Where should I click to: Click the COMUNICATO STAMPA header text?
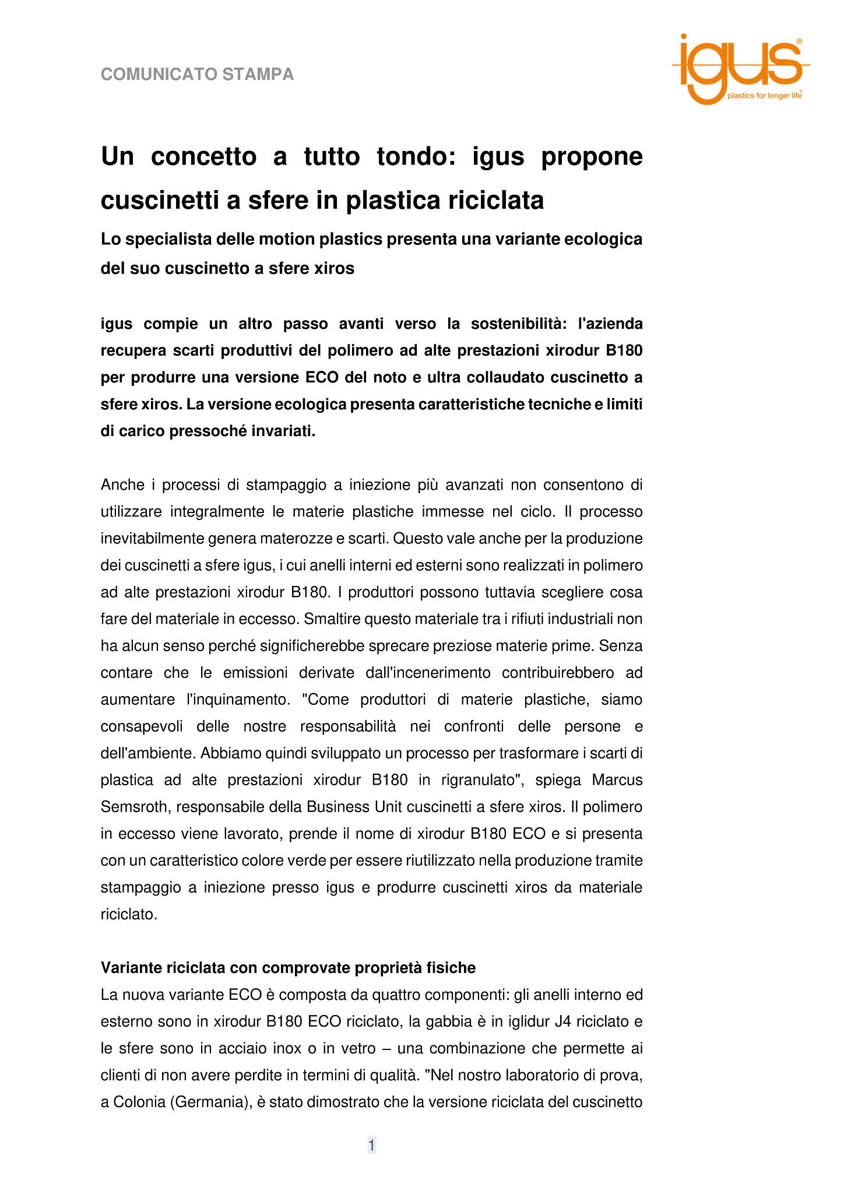(197, 75)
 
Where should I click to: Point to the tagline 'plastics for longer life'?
(764, 96)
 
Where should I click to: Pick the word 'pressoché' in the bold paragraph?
(205, 431)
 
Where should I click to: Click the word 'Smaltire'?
(331, 619)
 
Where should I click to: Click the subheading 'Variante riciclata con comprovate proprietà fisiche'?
(288, 968)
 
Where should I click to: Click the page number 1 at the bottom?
(371, 1146)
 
